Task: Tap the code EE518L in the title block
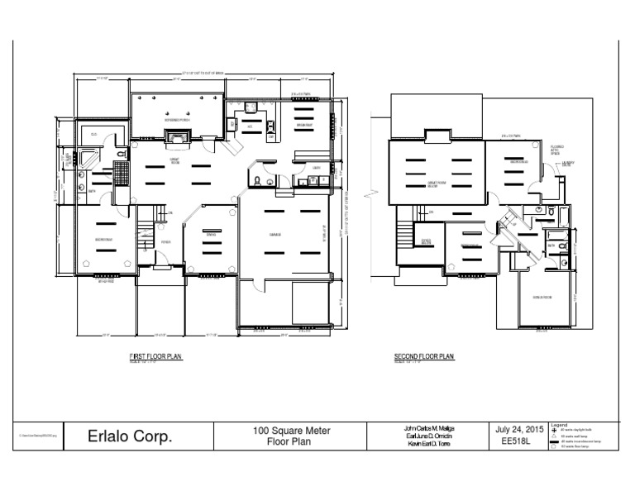(517, 442)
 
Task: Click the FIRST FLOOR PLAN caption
(155, 356)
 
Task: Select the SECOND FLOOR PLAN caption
(425, 356)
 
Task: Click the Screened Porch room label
(179, 120)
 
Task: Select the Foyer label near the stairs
(165, 241)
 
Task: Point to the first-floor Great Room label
(174, 160)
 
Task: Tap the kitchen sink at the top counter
(251, 107)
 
